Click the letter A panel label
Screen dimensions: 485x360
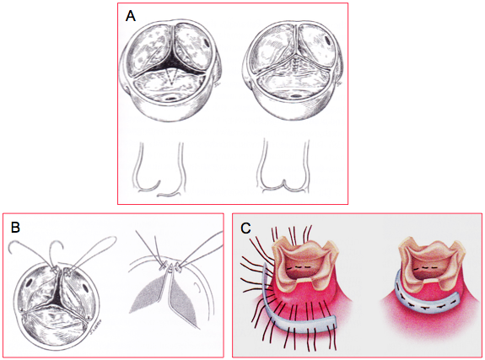[131, 16]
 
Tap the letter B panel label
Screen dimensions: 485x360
[15, 228]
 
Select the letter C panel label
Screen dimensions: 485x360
[246, 228]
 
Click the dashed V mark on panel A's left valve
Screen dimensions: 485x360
[171, 77]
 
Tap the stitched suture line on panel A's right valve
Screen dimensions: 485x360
[296, 64]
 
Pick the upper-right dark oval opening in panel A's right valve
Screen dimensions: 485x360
[327, 40]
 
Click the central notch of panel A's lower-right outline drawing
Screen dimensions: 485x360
[284, 182]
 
